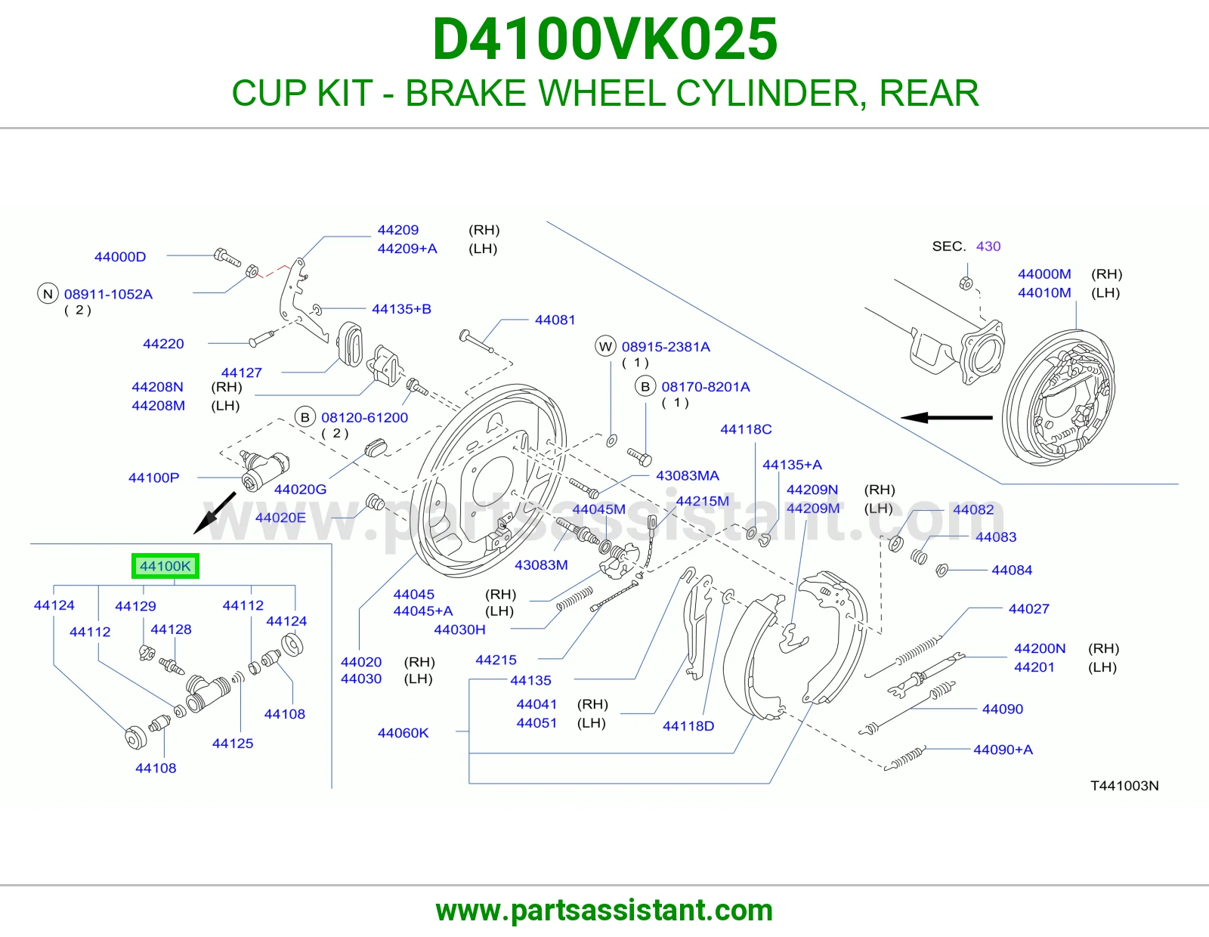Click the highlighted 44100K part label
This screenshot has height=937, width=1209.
[165, 566]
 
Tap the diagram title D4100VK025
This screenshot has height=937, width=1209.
[604, 39]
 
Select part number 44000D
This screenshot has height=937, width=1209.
[120, 256]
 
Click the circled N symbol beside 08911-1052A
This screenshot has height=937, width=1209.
[48, 294]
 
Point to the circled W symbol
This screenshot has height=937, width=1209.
[605, 347]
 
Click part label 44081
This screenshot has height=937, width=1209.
[555, 320]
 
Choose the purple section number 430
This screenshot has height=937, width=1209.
[988, 246]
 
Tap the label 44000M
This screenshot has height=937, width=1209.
[1044, 274]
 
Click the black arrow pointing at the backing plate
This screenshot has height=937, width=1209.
[946, 417]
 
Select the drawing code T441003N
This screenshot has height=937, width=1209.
[1124, 786]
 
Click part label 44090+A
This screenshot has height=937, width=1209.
[1003, 750]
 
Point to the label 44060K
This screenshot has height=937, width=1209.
[403, 733]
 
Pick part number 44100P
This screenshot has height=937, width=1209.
[153, 478]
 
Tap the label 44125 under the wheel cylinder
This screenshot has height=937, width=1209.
[233, 744]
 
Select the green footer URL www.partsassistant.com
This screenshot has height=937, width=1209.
[604, 911]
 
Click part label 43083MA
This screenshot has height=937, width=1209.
[687, 476]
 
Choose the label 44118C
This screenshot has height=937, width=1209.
[746, 429]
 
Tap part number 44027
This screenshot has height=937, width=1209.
[1028, 609]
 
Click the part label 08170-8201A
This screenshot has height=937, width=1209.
[706, 387]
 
